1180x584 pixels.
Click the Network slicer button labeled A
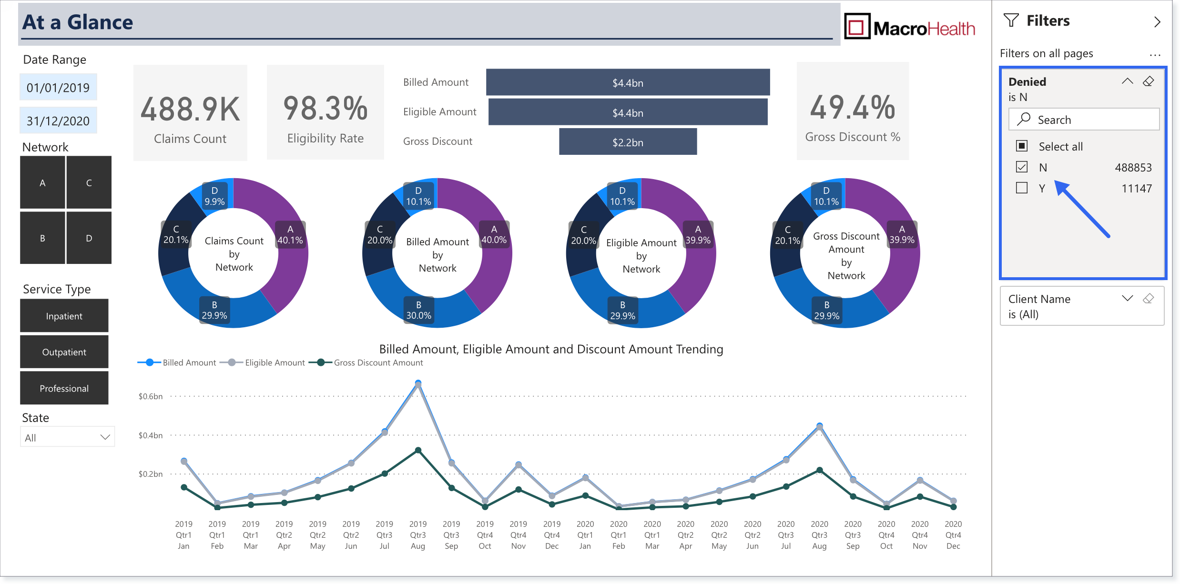pos(42,182)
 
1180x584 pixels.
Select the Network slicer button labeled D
pos(89,238)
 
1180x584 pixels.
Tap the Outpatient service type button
pos(64,352)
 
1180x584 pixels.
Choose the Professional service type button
pos(64,388)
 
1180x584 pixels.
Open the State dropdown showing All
pos(67,437)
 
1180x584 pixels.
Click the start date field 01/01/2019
pos(58,87)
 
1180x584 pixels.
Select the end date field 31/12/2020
pos(58,121)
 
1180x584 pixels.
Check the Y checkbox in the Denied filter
pos(1022,188)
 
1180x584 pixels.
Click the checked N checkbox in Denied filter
pos(1022,167)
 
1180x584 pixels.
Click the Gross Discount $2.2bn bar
pos(628,142)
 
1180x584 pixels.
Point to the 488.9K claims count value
pos(190,109)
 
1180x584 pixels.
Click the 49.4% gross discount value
pos(853,108)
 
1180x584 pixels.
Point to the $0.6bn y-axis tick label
pos(151,396)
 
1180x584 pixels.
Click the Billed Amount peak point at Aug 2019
pos(418,383)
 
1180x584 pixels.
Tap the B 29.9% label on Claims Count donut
pos(214,310)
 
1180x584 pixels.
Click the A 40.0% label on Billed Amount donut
pos(494,235)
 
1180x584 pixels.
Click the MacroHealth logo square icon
pos(857,27)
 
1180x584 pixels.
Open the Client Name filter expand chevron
pos(1127,299)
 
